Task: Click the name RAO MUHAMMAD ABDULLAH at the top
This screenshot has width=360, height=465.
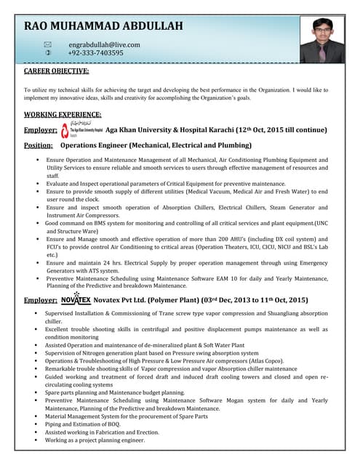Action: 103,26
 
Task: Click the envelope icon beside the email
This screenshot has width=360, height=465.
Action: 49,44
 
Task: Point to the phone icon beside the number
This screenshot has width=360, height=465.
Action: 49,53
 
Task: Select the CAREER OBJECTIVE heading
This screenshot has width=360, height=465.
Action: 57,71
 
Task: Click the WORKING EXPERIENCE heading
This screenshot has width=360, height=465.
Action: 63,114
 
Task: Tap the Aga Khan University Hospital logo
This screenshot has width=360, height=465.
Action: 81,130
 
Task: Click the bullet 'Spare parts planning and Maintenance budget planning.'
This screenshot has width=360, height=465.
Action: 115,392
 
